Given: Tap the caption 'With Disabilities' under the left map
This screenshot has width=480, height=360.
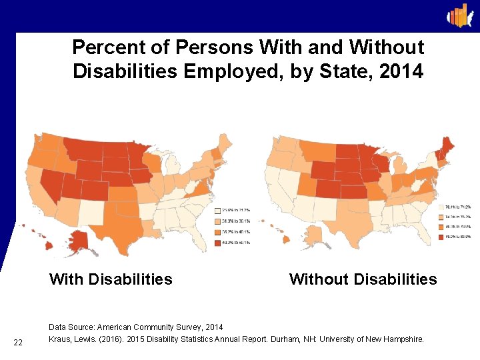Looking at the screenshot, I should [x=111, y=279].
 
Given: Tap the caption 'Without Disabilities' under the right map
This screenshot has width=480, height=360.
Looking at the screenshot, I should [x=363, y=279].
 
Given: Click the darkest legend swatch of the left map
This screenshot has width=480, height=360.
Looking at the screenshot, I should [x=217, y=242].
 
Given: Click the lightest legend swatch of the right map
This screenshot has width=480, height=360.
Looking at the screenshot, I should [x=441, y=207].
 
